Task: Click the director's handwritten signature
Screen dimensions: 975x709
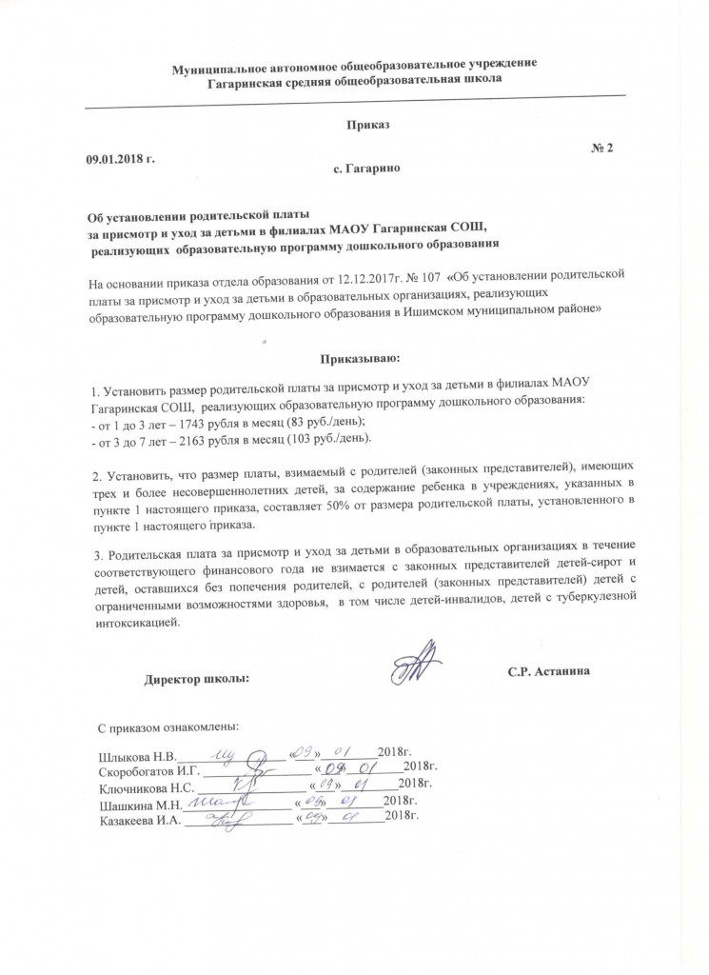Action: coord(417,665)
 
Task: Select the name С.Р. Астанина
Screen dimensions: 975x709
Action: coord(550,672)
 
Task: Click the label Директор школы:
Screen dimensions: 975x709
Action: coord(197,680)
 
